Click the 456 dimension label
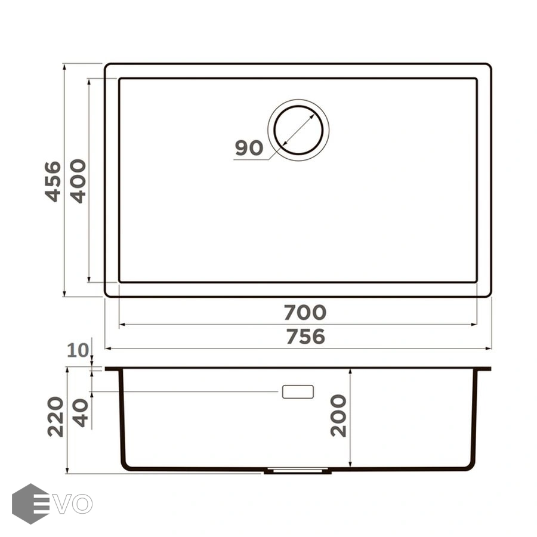click(53, 181)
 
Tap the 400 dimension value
click(78, 181)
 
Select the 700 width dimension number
click(305, 312)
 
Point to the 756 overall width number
click(305, 337)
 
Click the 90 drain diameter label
click(249, 148)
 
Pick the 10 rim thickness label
click(78, 350)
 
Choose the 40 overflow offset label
click(81, 412)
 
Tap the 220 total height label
click(55, 416)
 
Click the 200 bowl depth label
click(338, 415)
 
